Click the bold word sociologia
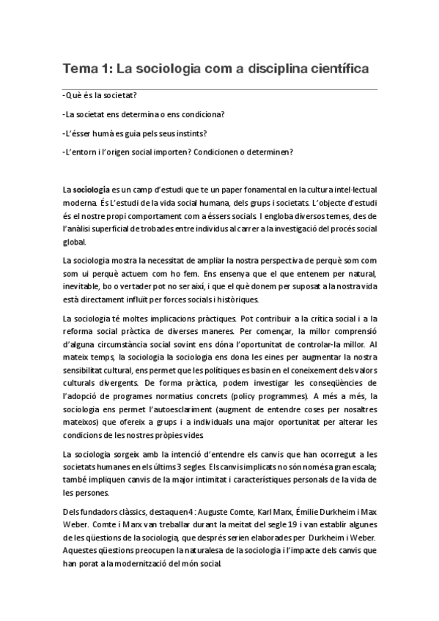[92, 190]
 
